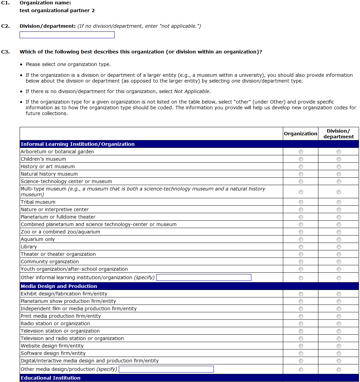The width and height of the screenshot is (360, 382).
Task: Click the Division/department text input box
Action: click(x=67, y=35)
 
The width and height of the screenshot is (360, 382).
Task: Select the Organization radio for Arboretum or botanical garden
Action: click(x=301, y=152)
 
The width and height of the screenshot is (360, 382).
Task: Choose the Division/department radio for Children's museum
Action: click(x=339, y=159)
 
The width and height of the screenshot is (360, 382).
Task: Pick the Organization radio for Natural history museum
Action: click(x=301, y=174)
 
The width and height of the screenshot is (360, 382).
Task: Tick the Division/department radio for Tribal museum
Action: click(x=339, y=202)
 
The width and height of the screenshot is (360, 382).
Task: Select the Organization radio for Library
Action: click(x=301, y=247)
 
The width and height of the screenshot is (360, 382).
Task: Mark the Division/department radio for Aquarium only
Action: click(x=339, y=240)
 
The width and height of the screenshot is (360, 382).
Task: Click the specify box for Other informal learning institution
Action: click(x=204, y=277)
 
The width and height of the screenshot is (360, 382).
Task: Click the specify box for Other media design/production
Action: click(x=166, y=369)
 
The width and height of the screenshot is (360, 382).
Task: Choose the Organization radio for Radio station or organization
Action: click(x=301, y=324)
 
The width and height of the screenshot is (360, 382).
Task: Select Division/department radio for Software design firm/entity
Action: click(x=339, y=354)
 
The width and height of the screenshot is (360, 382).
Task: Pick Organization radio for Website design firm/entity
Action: click(x=301, y=346)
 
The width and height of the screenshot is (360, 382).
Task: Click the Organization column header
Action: click(x=300, y=134)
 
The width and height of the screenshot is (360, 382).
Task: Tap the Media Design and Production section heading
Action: click(x=59, y=286)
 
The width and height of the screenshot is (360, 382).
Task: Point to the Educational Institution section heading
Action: click(x=51, y=378)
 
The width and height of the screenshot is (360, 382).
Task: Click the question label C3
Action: click(x=5, y=52)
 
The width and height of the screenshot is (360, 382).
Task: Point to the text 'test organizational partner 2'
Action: click(x=57, y=10)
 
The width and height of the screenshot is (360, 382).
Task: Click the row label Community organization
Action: click(x=50, y=262)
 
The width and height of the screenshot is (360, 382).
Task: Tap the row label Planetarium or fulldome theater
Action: click(x=58, y=217)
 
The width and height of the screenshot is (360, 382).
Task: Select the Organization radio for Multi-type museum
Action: click(x=301, y=192)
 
